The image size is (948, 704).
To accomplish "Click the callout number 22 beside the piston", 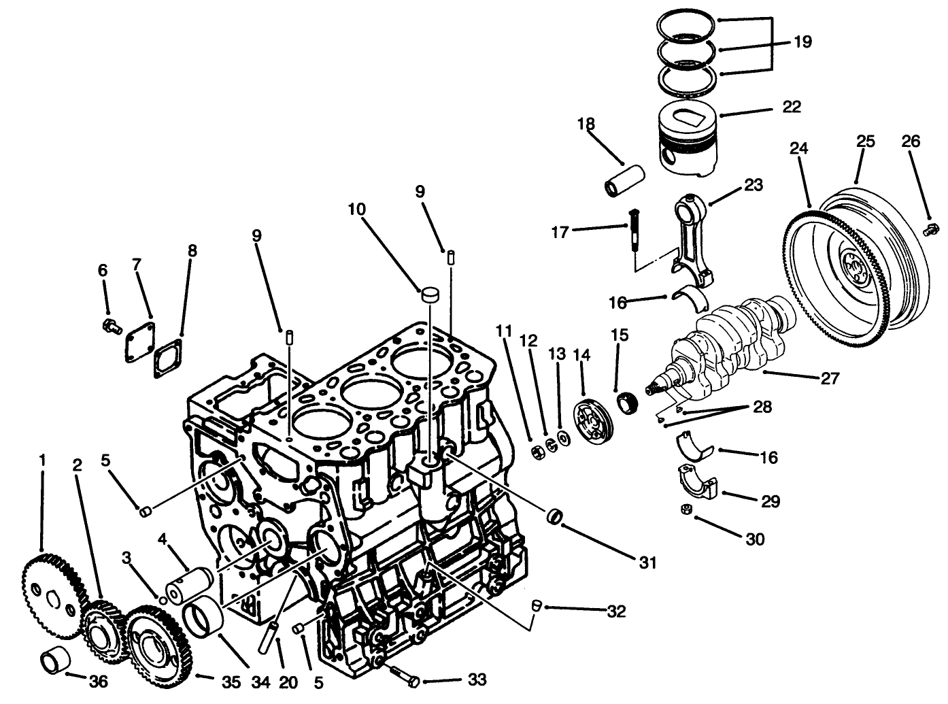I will click(x=792, y=107).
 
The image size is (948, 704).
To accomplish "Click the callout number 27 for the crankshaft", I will click(x=830, y=378).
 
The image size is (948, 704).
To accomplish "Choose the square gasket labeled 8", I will click(x=167, y=359).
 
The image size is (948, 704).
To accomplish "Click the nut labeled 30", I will click(x=687, y=509).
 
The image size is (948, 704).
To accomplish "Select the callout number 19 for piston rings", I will click(x=802, y=42).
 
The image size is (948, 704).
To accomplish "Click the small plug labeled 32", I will click(x=536, y=605).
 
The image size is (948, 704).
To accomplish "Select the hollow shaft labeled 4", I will click(x=190, y=584).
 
